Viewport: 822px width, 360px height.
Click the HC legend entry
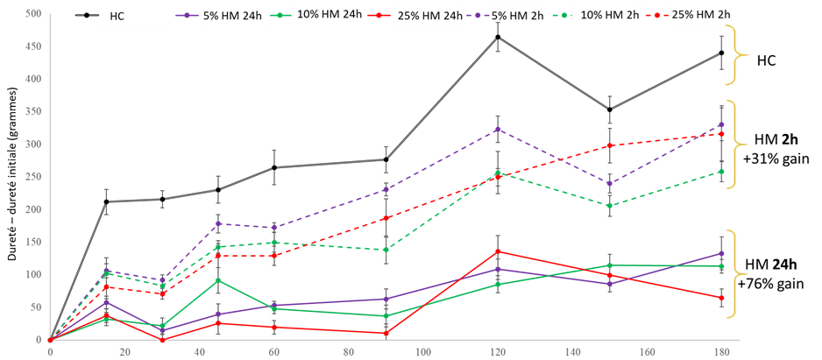[x=117, y=16]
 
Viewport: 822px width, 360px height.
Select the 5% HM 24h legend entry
[x=223, y=16]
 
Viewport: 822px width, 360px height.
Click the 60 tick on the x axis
[x=274, y=351]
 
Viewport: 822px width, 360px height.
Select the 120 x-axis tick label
[x=499, y=351]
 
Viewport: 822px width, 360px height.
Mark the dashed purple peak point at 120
[x=498, y=130]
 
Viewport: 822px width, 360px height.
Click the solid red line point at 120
[x=498, y=251]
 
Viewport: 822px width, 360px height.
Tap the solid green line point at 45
[x=218, y=280]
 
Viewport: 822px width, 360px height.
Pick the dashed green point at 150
[x=610, y=206]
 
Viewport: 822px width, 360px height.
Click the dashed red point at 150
[x=610, y=146]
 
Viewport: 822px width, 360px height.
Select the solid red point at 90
[x=386, y=333]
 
